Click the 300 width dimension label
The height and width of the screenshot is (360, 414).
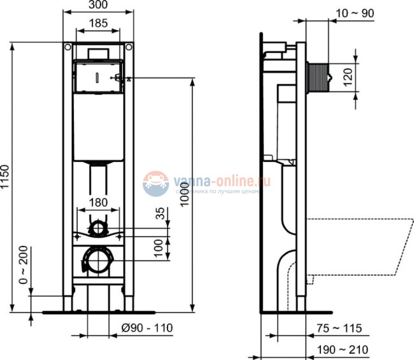(98, 5)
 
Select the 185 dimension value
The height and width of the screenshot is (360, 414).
(98, 23)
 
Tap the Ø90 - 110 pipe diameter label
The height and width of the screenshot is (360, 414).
(147, 328)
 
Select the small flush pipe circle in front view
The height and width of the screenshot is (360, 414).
(98, 227)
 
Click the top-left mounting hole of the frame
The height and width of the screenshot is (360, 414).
(68, 47)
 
